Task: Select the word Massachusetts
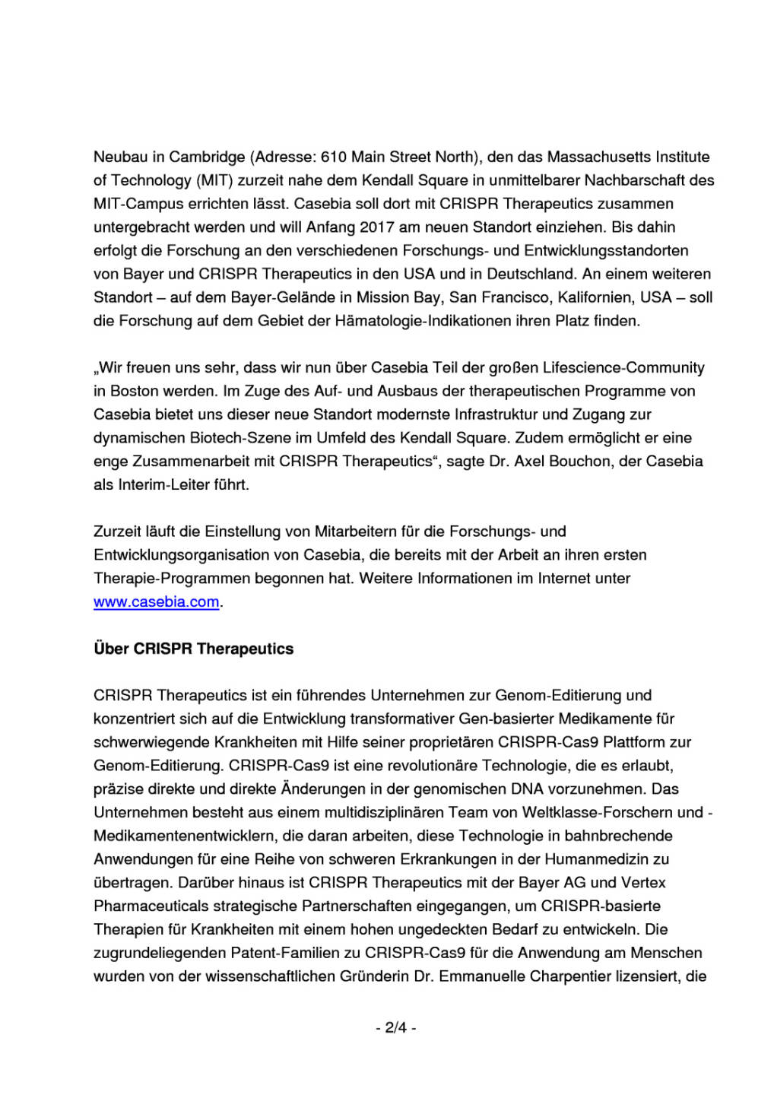(599, 157)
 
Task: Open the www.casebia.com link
(157, 602)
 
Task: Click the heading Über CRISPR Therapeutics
(194, 649)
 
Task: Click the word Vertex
(643, 883)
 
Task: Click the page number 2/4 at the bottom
(396, 1028)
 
